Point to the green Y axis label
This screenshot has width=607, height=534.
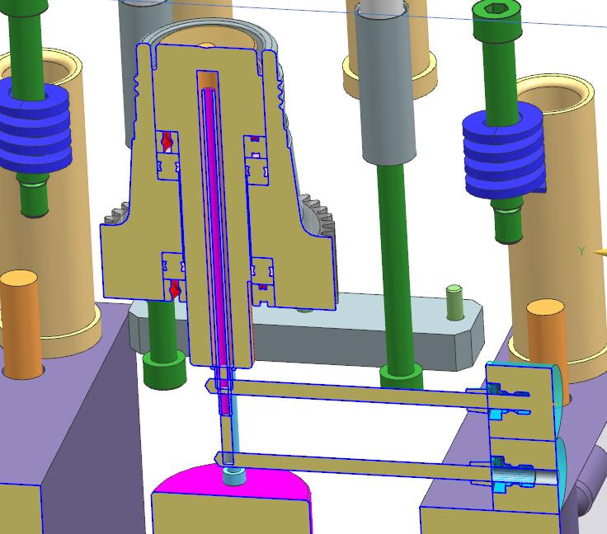(581, 251)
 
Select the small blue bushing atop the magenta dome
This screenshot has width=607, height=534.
(234, 476)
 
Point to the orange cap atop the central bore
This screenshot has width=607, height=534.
(207, 79)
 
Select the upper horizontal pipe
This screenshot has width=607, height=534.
(355, 394)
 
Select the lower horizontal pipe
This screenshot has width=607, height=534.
(355, 466)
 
